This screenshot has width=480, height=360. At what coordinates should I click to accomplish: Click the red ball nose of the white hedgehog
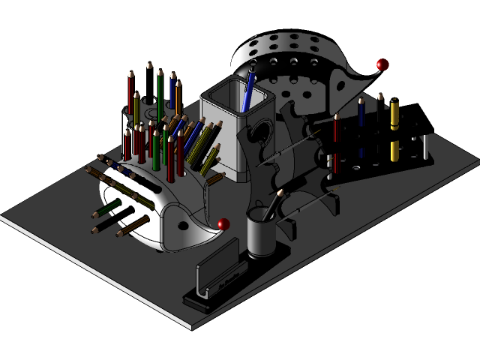tap(223, 223)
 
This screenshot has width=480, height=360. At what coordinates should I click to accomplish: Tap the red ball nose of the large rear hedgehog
tap(383, 65)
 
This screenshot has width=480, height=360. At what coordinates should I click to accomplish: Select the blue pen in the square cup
tap(250, 88)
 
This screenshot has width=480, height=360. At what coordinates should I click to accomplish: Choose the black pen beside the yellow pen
tap(380, 124)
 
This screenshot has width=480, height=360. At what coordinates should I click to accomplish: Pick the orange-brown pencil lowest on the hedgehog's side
tap(131, 226)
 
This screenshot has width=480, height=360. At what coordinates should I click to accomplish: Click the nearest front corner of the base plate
tap(193, 327)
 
